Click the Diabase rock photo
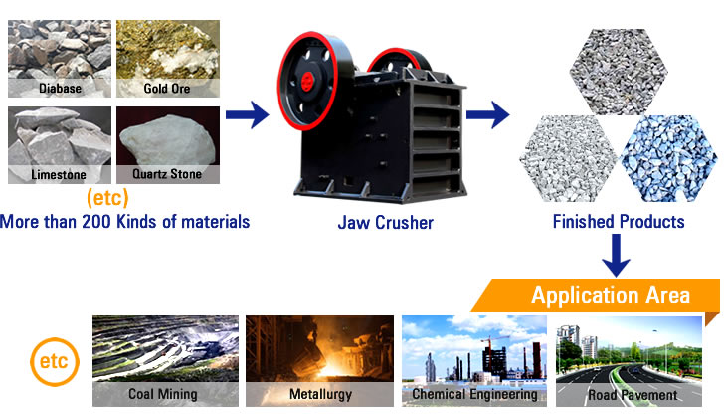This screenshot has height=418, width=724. [x=60, y=58]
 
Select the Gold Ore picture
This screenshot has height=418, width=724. [x=168, y=58]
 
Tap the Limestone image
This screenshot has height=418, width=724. [x=60, y=145]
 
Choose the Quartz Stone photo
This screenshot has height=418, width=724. [x=168, y=145]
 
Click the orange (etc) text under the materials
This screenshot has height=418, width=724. [x=107, y=198]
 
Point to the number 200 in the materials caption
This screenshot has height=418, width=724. [x=96, y=222]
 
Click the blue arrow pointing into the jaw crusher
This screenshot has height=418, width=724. [x=247, y=114]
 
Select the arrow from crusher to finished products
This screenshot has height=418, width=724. [x=487, y=114]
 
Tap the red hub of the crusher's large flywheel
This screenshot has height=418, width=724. [x=307, y=82]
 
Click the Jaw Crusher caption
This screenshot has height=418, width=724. [x=386, y=223]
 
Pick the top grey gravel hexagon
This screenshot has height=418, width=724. [x=619, y=72]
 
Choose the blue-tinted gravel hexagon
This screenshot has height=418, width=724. [x=669, y=158]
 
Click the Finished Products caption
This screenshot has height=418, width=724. [x=619, y=222]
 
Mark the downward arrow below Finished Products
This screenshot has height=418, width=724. [x=617, y=256]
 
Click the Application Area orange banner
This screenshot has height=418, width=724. [x=596, y=296]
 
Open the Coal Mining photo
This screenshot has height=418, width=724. [x=165, y=361]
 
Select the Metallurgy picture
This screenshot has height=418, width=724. [x=319, y=361]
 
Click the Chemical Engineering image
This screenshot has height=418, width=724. [x=474, y=361]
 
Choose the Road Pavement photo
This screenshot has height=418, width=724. [x=629, y=361]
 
